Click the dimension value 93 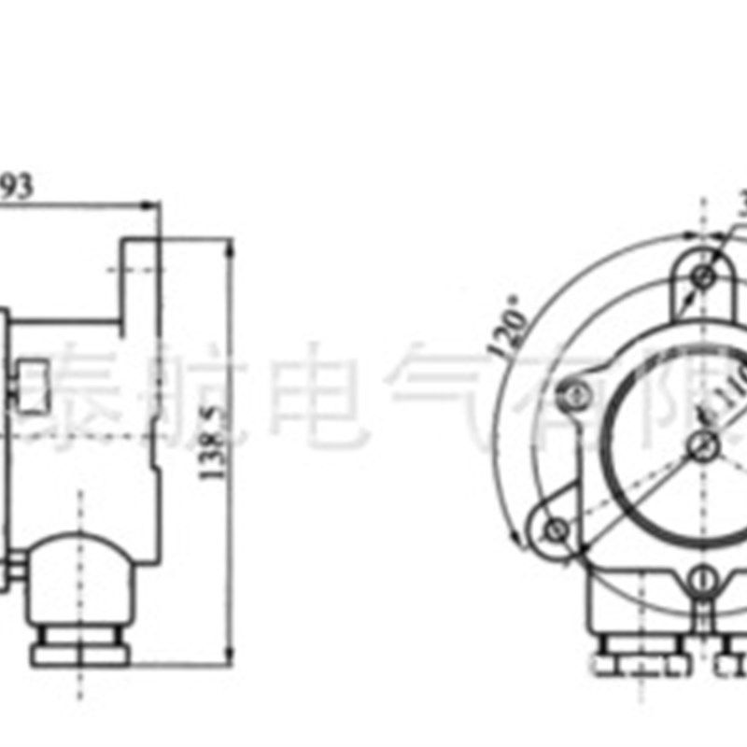click(x=16, y=186)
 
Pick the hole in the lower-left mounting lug click(x=557, y=529)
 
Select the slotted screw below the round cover click(x=701, y=584)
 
